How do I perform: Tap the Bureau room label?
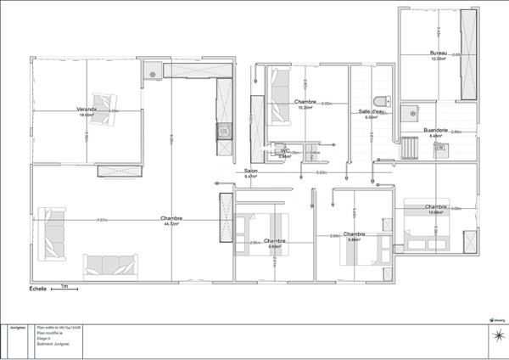pos(438,54)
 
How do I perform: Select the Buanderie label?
pos(436,130)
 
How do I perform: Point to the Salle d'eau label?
pos(372,111)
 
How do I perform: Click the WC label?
pos(286,150)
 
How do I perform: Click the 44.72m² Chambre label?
pos(172,219)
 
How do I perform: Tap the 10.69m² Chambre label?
pos(437,206)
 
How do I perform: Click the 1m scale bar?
pos(64,288)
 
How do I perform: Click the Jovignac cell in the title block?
pos(18,326)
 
